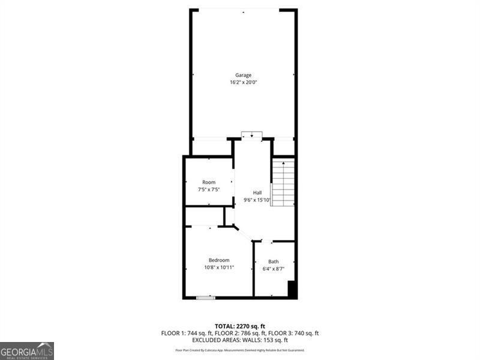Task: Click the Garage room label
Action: (x=243, y=75)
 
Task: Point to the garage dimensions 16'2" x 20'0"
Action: (x=243, y=82)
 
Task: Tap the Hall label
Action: (x=257, y=193)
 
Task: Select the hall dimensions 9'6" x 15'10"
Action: (x=257, y=200)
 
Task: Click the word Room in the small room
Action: (x=209, y=182)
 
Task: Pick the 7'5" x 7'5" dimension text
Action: (x=209, y=190)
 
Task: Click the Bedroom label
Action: (x=219, y=260)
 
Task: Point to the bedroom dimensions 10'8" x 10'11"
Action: (x=219, y=267)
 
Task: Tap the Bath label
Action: (x=273, y=262)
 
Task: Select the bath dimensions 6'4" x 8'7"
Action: (x=273, y=269)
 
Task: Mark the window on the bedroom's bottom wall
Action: (x=206, y=297)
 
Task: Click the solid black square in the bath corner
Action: (x=292, y=290)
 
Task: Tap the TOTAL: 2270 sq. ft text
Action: (x=239, y=326)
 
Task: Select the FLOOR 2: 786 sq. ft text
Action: (x=239, y=333)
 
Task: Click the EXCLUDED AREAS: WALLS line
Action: (x=239, y=340)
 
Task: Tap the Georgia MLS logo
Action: (x=27, y=350)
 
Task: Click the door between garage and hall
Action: (x=252, y=135)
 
